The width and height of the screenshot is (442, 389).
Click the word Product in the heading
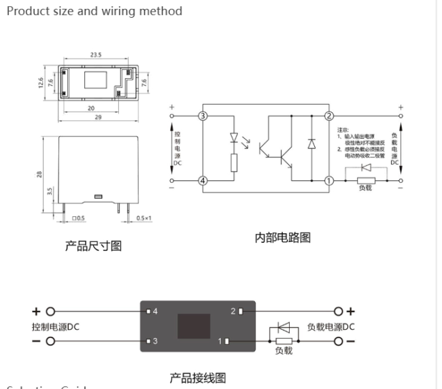[x=25, y=11]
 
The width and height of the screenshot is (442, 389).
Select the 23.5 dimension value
[x=97, y=55]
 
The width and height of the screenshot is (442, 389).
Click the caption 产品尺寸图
[x=94, y=246]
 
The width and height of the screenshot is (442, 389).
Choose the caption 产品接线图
[x=197, y=377]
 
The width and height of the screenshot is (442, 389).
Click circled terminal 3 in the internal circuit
[x=202, y=116]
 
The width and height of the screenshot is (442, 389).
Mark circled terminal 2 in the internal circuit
[x=329, y=116]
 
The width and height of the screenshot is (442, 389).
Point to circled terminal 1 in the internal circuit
[x=329, y=180]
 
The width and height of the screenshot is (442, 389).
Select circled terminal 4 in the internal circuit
[x=202, y=180]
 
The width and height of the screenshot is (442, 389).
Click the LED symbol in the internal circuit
[x=235, y=139]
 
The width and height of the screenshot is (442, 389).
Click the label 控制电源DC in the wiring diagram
[x=56, y=326]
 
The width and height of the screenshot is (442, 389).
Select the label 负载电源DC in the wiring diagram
[x=331, y=326]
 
